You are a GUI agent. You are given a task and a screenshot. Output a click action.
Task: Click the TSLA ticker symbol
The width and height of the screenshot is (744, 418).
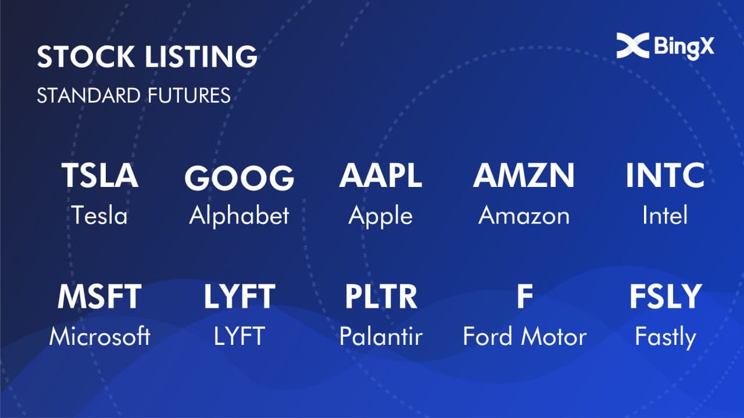click(x=100, y=175)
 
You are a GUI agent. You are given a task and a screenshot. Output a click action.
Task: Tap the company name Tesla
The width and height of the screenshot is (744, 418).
click(x=99, y=215)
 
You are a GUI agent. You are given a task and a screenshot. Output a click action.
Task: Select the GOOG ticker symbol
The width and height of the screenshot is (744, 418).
click(x=239, y=178)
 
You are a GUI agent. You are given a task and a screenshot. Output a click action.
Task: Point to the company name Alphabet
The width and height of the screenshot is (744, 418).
click(x=239, y=215)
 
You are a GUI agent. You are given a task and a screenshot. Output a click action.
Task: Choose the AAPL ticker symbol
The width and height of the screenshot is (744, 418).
click(x=381, y=175)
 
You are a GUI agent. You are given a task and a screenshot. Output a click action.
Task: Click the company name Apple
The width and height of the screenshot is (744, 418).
click(x=381, y=217)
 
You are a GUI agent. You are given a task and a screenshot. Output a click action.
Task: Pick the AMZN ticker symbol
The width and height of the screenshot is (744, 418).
click(x=524, y=175)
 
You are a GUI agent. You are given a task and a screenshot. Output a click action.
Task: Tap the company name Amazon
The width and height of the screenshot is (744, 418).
click(x=524, y=215)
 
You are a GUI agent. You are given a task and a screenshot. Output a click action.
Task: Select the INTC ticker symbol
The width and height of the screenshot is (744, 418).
click(x=665, y=175)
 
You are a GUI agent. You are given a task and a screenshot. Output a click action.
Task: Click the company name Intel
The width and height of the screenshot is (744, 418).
click(x=665, y=215)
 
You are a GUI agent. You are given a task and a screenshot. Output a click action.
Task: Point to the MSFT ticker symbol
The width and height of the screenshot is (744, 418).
click(x=99, y=297)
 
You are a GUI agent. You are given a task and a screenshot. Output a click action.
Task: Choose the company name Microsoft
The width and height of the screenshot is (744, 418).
click(x=99, y=336)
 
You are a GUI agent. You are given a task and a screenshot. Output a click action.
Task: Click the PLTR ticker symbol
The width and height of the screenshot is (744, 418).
click(x=381, y=297)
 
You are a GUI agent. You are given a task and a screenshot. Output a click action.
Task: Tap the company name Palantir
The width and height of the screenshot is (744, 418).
click(x=381, y=336)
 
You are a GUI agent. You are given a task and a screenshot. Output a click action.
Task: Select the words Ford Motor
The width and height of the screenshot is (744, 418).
click(x=525, y=336)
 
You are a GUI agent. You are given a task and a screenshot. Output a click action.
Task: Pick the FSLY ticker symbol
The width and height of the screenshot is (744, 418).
click(x=666, y=297)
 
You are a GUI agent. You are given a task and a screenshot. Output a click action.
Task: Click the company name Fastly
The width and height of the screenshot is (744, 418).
click(x=666, y=337)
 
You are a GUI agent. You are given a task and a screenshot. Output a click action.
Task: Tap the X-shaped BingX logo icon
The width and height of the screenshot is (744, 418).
click(x=633, y=45)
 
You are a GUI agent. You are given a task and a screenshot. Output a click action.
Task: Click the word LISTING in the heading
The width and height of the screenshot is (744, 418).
click(x=201, y=56)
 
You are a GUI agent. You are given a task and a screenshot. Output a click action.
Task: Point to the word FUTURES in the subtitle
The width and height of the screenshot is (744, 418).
click(x=189, y=96)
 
